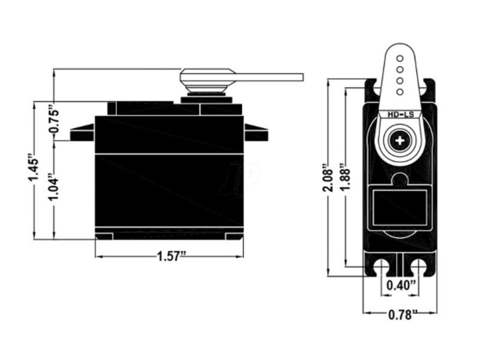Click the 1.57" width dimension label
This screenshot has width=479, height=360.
(x=171, y=257)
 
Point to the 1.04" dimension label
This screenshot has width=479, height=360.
(x=54, y=187)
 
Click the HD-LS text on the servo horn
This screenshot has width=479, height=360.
(x=400, y=115)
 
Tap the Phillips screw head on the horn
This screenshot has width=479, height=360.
(x=400, y=140)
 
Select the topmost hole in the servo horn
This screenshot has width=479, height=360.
(x=400, y=58)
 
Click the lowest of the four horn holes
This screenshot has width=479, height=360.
(x=400, y=92)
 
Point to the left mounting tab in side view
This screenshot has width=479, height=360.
(x=82, y=133)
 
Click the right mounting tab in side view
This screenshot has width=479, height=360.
(x=256, y=133)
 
